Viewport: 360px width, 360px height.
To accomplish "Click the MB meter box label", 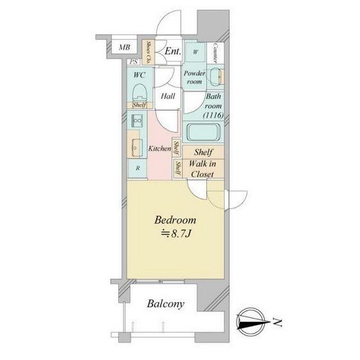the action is [x=125, y=48].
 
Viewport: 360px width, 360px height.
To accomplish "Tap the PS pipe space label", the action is [x=134, y=62].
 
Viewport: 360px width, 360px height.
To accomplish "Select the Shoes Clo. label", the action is [x=148, y=52].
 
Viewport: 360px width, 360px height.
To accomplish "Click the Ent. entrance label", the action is [x=173, y=51].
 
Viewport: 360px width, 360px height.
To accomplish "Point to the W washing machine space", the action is [x=195, y=52].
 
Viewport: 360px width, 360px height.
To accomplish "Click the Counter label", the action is [x=215, y=53].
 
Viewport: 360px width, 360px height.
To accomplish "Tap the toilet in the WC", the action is [x=140, y=93].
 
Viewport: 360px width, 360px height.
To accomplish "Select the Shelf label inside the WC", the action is [x=139, y=105].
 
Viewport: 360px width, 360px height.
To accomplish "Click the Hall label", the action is [x=168, y=96].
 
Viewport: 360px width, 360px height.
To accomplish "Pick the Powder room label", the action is [x=194, y=77].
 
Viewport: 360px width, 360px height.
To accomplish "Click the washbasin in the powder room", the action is [x=216, y=77].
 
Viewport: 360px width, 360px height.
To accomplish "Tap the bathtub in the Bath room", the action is [x=204, y=132].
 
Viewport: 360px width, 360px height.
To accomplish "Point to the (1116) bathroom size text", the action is [x=213, y=115].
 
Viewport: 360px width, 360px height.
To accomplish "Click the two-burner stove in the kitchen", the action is [x=137, y=121].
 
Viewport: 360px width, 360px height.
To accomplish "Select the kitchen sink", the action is [x=136, y=147].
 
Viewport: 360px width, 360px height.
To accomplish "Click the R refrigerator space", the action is [x=138, y=168].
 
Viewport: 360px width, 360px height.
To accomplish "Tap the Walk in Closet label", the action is [x=203, y=169].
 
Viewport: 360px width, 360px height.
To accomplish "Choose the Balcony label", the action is [x=166, y=304].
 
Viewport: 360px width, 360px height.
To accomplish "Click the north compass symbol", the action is [x=251, y=322].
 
